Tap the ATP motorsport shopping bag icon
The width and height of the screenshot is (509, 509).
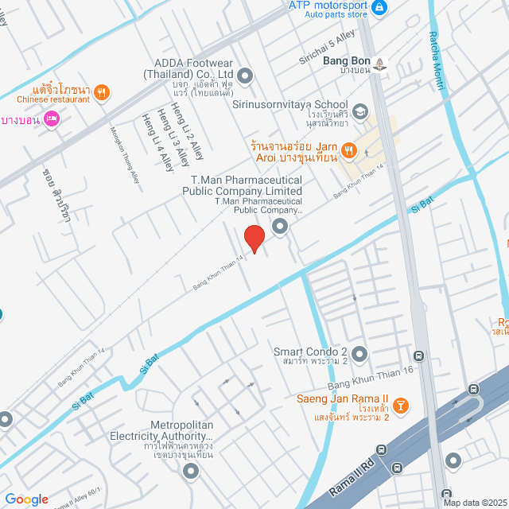coord(379,7)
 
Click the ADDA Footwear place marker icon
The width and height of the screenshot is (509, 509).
coord(245,76)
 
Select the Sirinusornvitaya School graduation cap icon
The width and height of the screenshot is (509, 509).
coord(360,111)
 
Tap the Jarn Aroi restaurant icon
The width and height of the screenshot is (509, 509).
coord(348,149)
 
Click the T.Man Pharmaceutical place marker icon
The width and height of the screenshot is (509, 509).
coord(279,228)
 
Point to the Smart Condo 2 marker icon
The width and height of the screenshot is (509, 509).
coord(359,352)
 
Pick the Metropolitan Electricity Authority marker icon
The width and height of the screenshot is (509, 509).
coord(190,471)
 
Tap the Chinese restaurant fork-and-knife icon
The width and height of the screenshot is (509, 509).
coord(101,92)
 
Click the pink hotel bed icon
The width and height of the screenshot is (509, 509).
coord(52,119)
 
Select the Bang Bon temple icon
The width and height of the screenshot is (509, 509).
coord(380,63)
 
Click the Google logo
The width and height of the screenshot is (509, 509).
coord(26,499)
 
